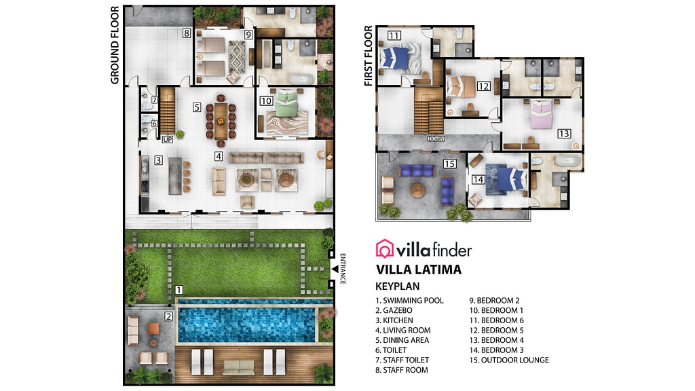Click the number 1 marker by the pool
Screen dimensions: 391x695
(x=179, y=289)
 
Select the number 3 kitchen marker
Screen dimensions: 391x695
(x=158, y=161)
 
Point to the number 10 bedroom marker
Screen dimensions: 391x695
(x=266, y=100)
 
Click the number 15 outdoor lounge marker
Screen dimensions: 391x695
(x=449, y=164)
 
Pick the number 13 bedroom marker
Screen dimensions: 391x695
(x=564, y=133)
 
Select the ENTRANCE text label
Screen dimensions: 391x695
(x=343, y=268)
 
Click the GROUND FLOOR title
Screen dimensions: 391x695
(x=115, y=45)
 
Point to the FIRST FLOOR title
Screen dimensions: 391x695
(x=369, y=56)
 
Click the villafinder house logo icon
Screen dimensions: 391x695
(x=385, y=248)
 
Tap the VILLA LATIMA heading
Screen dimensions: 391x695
(x=418, y=269)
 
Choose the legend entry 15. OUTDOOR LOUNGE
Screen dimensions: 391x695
(x=508, y=360)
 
